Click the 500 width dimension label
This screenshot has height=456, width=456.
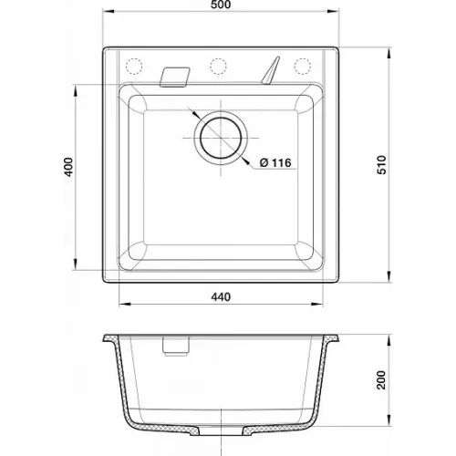point(221,5)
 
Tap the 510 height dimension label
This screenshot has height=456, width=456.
point(381,165)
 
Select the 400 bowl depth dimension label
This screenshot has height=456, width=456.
point(69,167)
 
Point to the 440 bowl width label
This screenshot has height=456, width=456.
point(221,296)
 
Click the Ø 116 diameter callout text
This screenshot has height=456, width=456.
point(275,163)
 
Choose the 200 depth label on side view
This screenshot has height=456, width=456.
point(381,379)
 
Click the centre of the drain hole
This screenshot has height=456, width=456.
point(221,138)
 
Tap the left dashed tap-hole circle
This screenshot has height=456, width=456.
point(134,66)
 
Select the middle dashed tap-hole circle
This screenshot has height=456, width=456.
point(218,66)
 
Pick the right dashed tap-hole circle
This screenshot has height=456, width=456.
point(303,66)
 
